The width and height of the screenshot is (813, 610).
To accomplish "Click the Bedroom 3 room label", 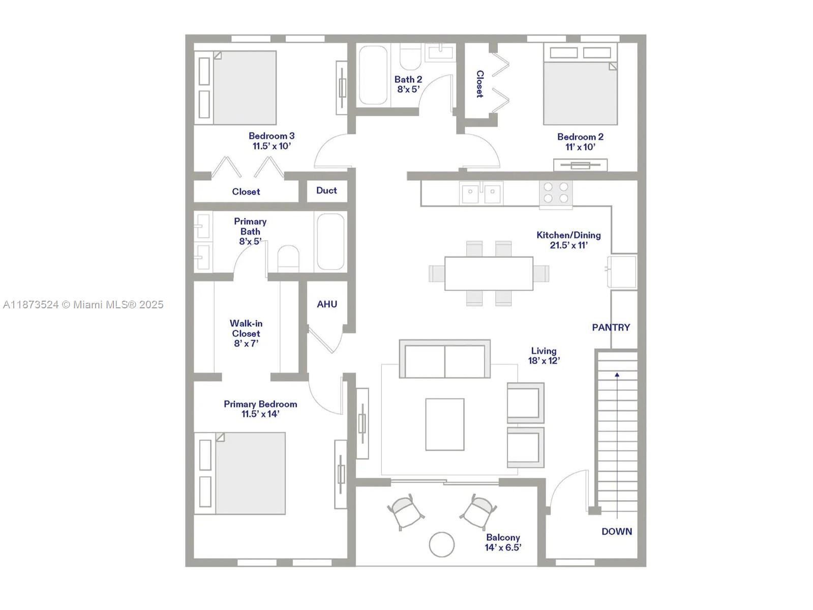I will click(272, 136).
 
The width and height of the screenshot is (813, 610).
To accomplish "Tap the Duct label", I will click(326, 190).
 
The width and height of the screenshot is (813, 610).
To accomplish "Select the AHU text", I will click(327, 304).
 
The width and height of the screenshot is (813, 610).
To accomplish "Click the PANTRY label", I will click(611, 328).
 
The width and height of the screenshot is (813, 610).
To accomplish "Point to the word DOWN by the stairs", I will click(617, 532).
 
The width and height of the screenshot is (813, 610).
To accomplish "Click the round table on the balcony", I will click(441, 544).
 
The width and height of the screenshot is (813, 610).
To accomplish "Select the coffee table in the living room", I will click(444, 424).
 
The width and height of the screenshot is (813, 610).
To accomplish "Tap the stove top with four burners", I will click(556, 193).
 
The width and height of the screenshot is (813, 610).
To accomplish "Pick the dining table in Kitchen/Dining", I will click(489, 274).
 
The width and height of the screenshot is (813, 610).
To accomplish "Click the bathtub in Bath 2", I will click(373, 75).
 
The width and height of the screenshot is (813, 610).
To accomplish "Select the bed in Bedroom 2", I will click(580, 92).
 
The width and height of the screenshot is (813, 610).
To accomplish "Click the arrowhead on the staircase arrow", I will click(617, 375).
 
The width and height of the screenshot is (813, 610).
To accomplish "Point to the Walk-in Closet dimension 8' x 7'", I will click(246, 343).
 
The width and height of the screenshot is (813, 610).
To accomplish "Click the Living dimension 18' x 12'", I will click(544, 361).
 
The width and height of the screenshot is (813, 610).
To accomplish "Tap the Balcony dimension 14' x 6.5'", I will click(503, 547).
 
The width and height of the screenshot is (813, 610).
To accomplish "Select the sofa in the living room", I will click(444, 359).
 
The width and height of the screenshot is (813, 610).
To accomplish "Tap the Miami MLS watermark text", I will click(83, 305).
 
